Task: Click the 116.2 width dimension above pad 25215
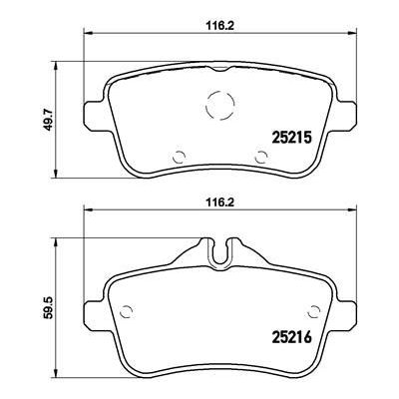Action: [219, 26]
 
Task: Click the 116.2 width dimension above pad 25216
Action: [219, 202]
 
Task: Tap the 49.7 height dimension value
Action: [49, 120]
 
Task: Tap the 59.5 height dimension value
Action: [49, 307]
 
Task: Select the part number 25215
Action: [292, 137]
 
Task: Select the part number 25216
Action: [292, 337]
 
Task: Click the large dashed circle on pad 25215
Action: [220, 104]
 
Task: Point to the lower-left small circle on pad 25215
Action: [180, 157]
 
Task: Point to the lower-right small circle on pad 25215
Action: [262, 157]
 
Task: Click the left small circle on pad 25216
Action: [127, 311]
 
